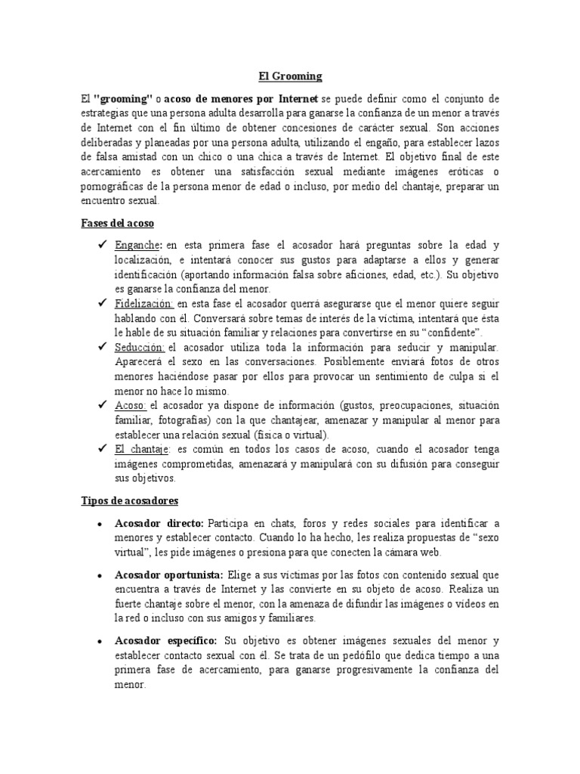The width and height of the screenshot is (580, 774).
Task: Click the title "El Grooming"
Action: [289, 76]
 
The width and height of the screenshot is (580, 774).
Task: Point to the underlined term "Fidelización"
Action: [144, 303]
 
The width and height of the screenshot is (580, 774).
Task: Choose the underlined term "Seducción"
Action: [140, 347]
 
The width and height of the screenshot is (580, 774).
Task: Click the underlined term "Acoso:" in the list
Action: [131, 405]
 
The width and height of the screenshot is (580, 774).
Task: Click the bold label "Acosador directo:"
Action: [159, 523]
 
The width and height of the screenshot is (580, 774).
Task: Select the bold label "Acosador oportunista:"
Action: [169, 574]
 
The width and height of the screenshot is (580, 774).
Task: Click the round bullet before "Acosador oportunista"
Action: [101, 574]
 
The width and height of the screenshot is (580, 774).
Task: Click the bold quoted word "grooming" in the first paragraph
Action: [123, 100]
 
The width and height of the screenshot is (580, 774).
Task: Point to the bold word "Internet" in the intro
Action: [297, 100]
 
